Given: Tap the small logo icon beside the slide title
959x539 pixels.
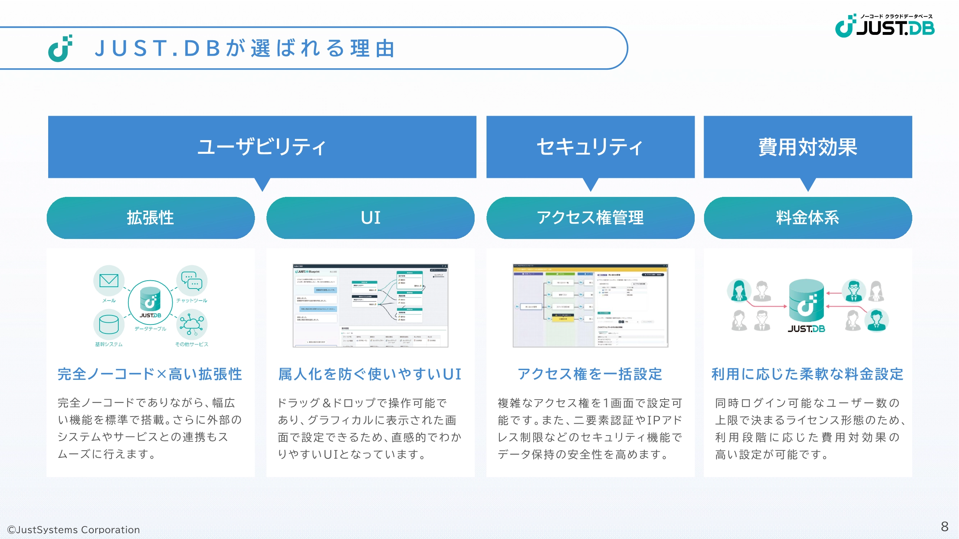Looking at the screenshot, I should tap(60, 49).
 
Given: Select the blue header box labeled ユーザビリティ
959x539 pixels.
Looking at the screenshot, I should tap(262, 147).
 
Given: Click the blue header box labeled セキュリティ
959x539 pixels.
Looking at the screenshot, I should tap(590, 147).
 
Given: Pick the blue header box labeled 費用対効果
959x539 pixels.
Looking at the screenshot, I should tap(808, 147).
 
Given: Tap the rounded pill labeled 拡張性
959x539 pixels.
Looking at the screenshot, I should tap(150, 218).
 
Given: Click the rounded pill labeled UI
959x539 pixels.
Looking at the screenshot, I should tap(370, 218).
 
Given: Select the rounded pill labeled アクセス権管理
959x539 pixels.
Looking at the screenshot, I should tap(590, 218).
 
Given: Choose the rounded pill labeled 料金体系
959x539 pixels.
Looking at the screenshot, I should tap(808, 218).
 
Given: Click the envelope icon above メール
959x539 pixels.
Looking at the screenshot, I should tap(109, 281).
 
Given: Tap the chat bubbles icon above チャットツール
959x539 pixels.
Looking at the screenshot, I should tap(192, 281).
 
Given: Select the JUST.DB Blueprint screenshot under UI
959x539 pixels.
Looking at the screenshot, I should tap(370, 305).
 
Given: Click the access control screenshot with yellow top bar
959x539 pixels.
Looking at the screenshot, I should tap(590, 305).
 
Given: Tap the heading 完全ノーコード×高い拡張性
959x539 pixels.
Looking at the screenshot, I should tap(150, 374).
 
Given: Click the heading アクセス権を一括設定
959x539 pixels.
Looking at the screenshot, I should tap(590, 374).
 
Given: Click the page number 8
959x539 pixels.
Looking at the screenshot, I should tap(945, 526).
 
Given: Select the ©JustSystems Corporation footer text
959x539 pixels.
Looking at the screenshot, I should tap(74, 529).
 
